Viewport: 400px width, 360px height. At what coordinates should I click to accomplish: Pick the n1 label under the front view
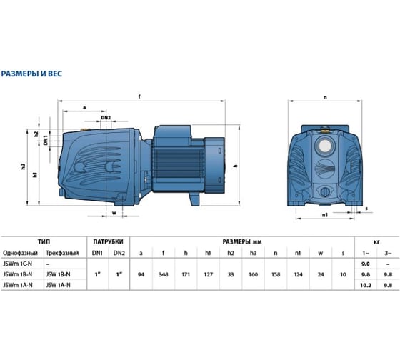point(324,214)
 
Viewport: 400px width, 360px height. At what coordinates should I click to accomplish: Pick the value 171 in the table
point(185,274)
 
